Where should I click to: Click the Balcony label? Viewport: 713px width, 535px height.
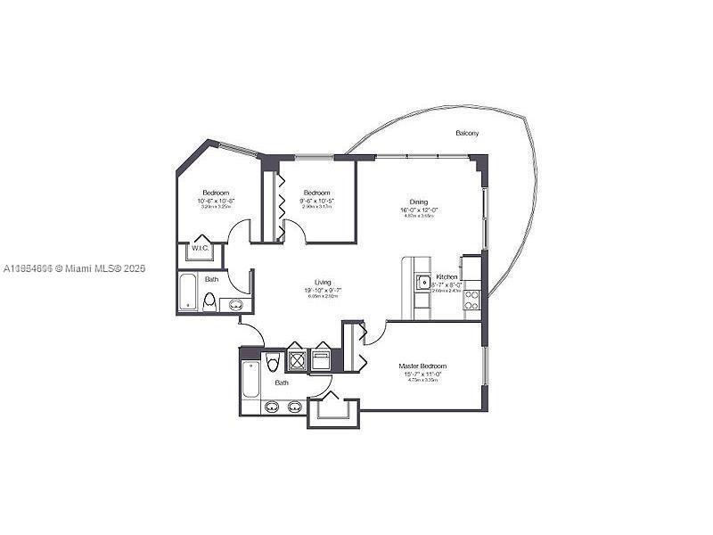pos(467,133)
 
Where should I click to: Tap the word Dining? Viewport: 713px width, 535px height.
pos(419,202)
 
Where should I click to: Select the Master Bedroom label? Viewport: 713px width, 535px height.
pos(422,366)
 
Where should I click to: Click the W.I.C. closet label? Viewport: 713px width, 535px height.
pos(199,249)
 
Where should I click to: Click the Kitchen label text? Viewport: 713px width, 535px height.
pos(446,277)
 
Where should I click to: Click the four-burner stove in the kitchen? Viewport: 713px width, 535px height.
pos(471,300)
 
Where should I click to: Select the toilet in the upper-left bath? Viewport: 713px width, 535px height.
pos(209,302)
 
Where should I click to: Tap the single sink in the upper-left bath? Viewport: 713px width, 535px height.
pos(235,305)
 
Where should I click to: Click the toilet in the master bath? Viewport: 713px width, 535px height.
pos(274,364)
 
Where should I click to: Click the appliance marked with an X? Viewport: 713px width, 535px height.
pos(296,360)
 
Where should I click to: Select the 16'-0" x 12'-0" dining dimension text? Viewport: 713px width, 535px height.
pos(419,210)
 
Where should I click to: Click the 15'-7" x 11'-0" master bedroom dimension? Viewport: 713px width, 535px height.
pos(422,374)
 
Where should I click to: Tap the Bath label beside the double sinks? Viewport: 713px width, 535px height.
pos(282,383)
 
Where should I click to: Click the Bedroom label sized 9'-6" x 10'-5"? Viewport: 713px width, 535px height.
pos(316,193)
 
